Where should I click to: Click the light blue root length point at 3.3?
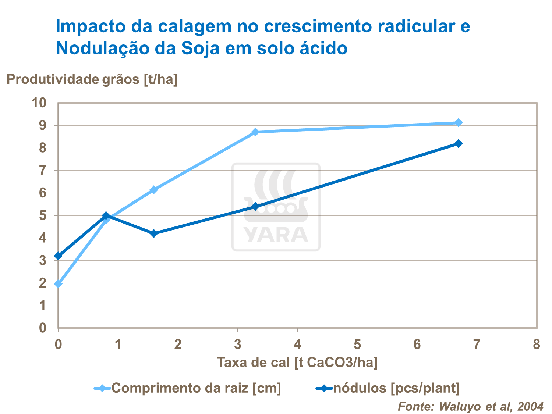click(x=255, y=132)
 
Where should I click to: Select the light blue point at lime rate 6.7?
click(x=459, y=122)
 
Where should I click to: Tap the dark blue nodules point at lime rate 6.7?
click(x=459, y=143)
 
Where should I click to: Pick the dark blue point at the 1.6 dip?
click(x=154, y=233)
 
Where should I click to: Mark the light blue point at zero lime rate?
click(x=58, y=284)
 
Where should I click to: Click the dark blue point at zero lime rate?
click(x=58, y=256)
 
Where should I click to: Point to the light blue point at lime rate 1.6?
click(x=154, y=190)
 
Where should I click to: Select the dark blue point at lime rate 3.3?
click(x=255, y=207)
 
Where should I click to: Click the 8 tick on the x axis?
click(x=537, y=345)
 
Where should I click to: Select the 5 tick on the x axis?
click(x=357, y=345)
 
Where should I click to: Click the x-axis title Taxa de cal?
click(x=297, y=363)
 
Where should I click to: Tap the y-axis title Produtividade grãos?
click(x=92, y=79)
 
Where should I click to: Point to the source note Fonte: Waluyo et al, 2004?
click(x=471, y=406)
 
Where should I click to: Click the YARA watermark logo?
click(x=276, y=207)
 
